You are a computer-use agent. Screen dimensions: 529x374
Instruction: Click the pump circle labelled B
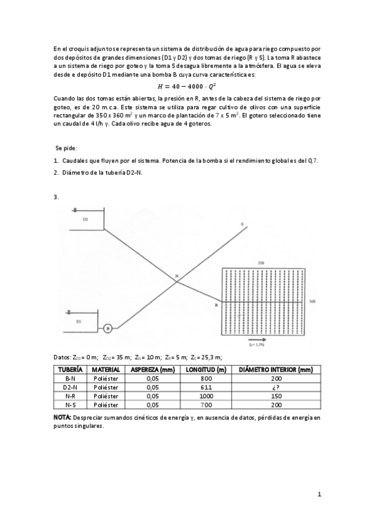pos(107,328)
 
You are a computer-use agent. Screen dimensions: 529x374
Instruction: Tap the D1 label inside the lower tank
pos(79,321)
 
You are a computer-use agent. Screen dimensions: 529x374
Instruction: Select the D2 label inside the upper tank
pos(85,219)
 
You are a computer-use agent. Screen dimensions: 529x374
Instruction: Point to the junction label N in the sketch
pos(177,276)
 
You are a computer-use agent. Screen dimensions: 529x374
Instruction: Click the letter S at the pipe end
pos(242,223)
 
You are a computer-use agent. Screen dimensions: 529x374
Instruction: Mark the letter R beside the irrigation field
pos(216,304)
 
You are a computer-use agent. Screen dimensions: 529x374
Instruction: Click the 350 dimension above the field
pos(260,263)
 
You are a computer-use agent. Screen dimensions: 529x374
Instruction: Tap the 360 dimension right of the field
pos(312,301)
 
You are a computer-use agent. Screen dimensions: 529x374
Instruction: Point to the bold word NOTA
pos(62,416)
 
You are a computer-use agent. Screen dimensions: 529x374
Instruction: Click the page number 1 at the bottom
pos(319,495)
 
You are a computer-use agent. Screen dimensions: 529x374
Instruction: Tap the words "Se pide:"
pos(66,148)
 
